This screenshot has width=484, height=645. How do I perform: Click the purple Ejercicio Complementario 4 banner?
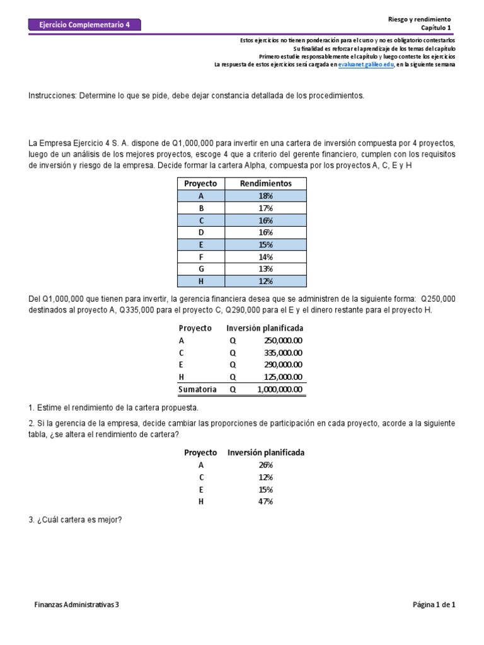click(84, 25)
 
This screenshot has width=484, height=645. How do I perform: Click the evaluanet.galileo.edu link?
click(366, 64)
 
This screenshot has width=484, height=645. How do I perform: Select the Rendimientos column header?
click(265, 183)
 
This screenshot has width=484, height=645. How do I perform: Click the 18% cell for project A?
click(265, 196)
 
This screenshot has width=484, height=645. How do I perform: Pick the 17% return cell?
click(265, 208)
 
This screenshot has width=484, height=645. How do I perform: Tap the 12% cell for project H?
click(265, 281)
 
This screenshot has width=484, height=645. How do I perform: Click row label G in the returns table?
click(200, 269)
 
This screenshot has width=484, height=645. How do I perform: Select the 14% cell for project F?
click(265, 257)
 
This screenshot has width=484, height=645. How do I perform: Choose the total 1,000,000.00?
click(280, 389)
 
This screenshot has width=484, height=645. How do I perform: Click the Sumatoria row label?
click(197, 389)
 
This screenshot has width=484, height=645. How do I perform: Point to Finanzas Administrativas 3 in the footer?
click(76, 605)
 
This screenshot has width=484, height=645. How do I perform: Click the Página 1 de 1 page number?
click(434, 605)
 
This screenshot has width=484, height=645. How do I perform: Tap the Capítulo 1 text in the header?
click(436, 28)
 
